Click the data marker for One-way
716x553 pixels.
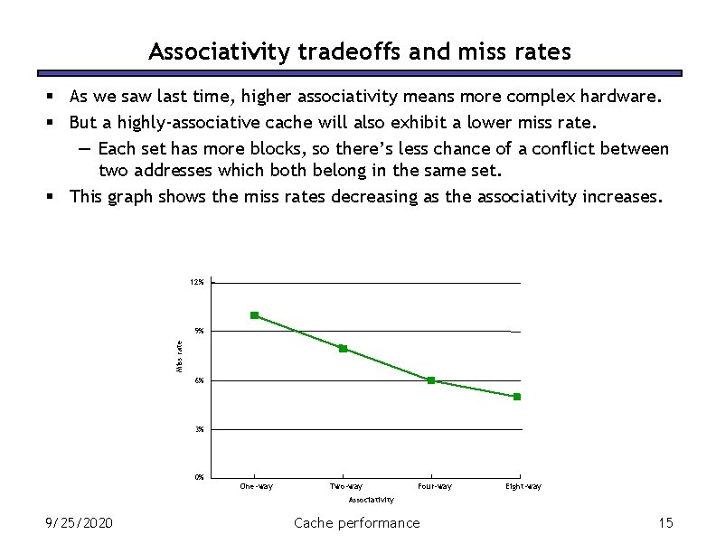(255, 315)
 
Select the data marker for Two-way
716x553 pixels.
(344, 349)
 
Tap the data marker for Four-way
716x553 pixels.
(431, 380)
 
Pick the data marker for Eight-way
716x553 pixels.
(517, 397)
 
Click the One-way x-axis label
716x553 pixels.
(256, 487)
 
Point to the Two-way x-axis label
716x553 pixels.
(346, 487)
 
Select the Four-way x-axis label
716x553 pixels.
(435, 487)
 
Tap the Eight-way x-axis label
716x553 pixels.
(524, 487)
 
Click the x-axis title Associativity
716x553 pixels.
(372, 500)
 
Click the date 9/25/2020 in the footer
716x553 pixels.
(80, 522)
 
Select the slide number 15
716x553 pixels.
(666, 522)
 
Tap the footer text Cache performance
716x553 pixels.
(357, 522)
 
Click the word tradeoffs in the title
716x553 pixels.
(348, 52)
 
